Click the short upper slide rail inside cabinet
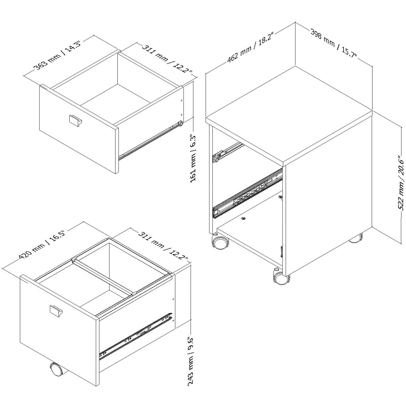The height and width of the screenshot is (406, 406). [227, 152]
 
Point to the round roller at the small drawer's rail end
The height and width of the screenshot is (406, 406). [180, 124]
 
